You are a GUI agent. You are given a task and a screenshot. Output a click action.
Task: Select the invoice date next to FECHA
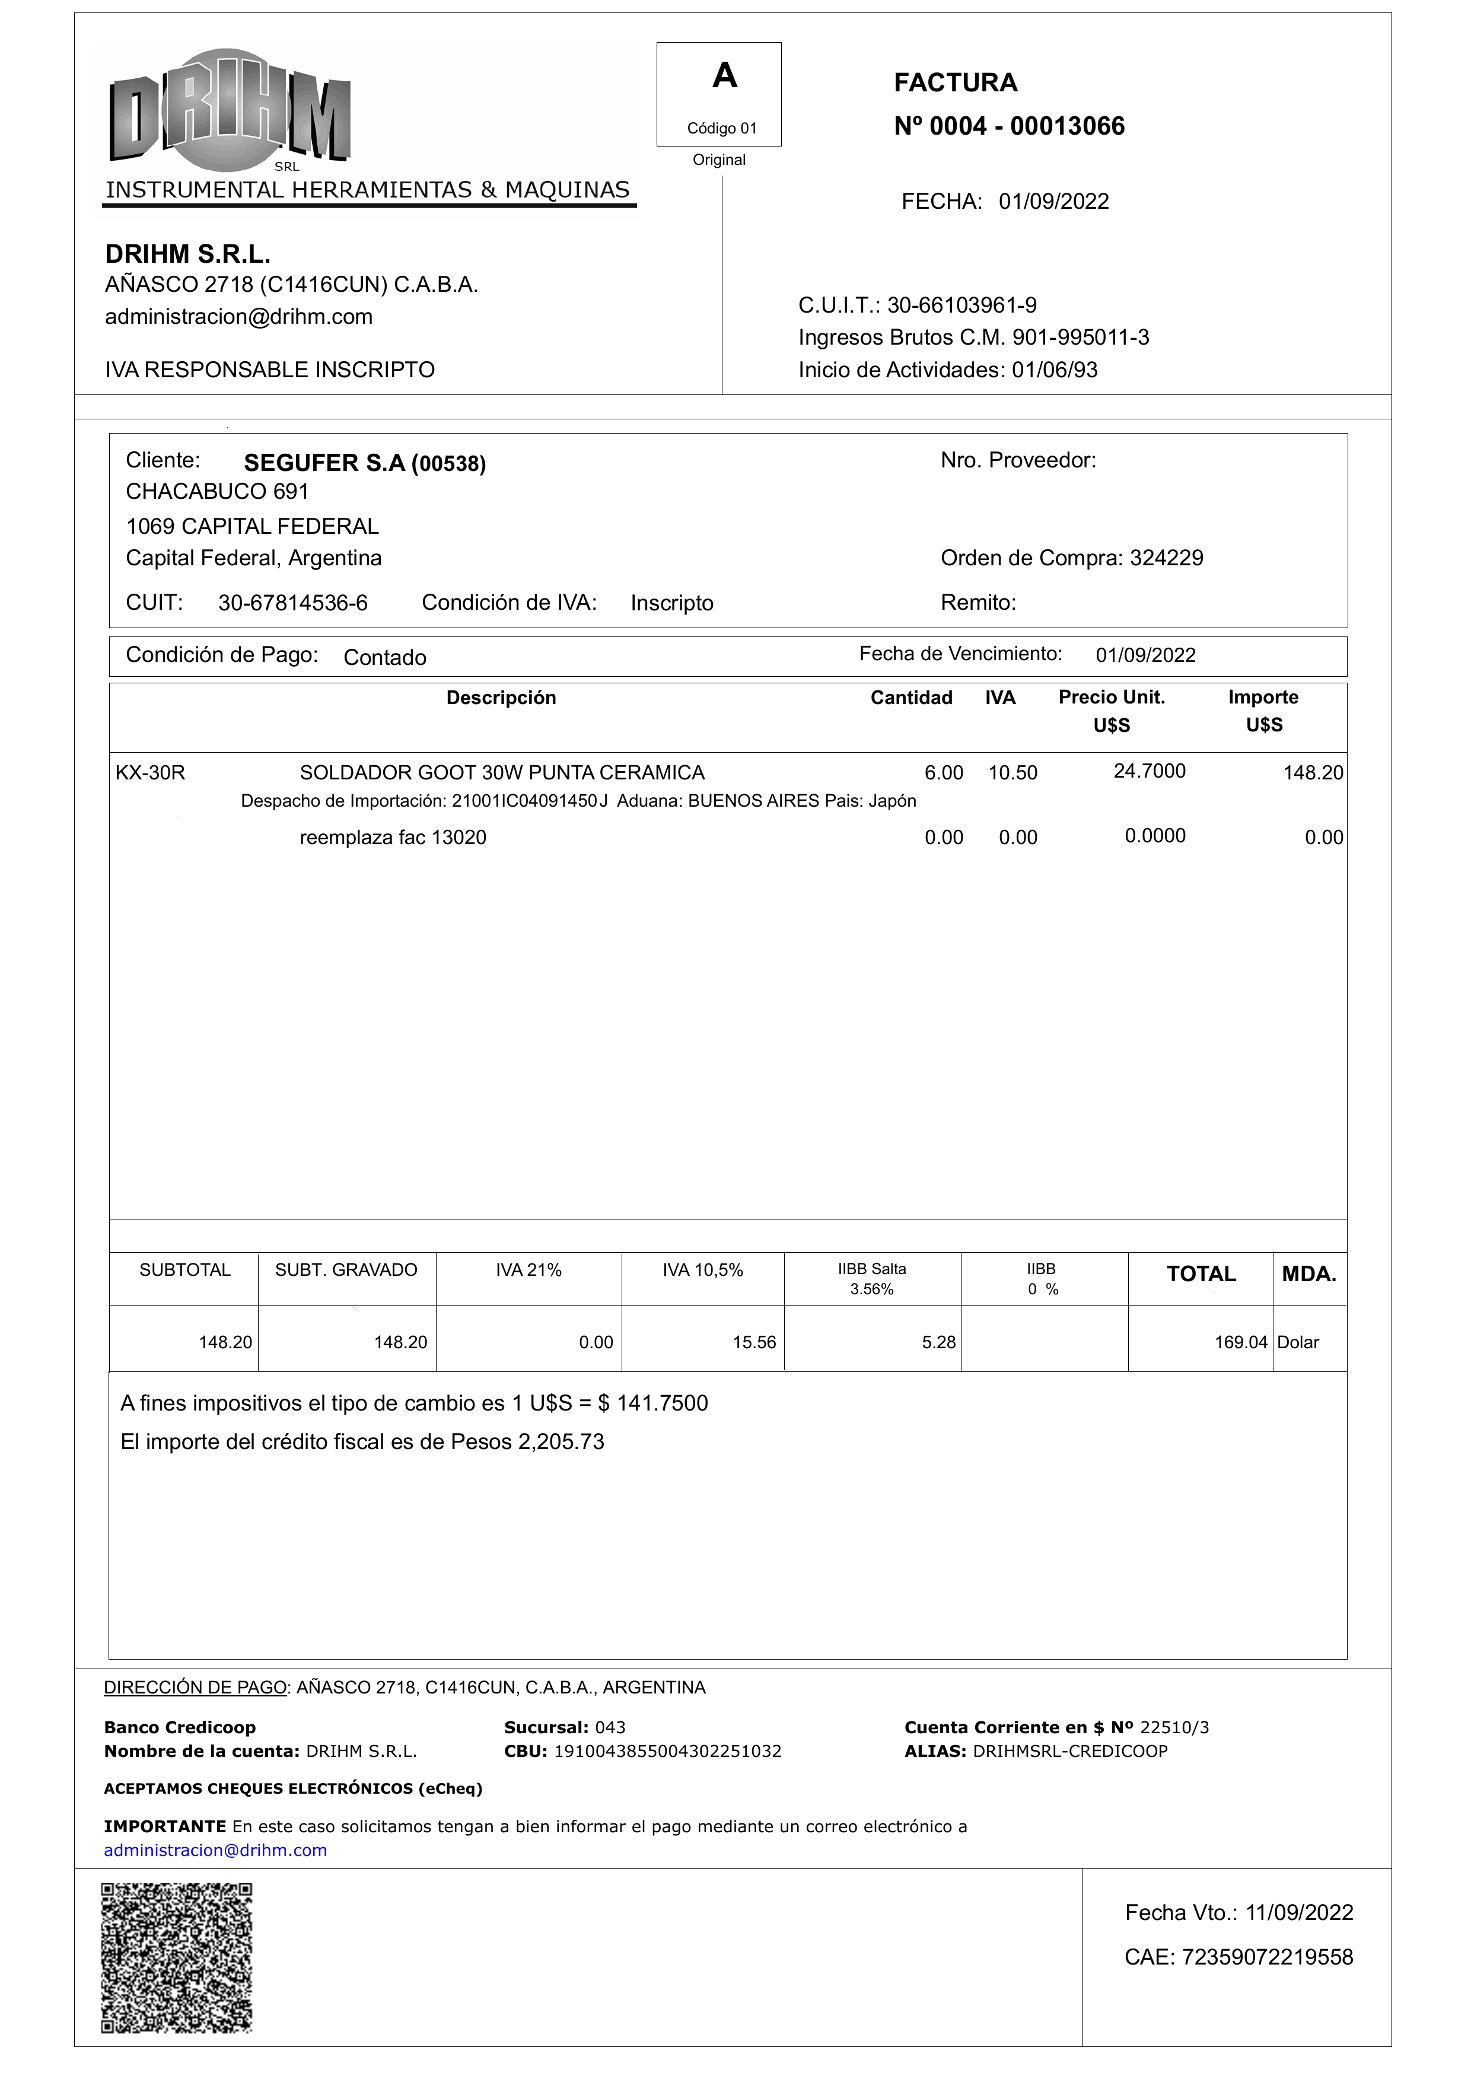pos(1053,201)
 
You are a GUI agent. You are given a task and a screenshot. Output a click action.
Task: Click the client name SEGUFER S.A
pos(324,463)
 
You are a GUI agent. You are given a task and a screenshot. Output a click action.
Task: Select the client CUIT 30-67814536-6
pos(292,603)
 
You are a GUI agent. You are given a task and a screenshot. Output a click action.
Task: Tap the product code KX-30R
pos(150,773)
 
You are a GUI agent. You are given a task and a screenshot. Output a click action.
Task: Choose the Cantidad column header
pos(910,698)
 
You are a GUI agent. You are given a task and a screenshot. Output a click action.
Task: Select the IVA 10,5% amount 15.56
pos(754,1342)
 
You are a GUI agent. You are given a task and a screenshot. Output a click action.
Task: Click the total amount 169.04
pos(1240,1342)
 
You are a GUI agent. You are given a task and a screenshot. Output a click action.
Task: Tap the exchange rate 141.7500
pos(661,1403)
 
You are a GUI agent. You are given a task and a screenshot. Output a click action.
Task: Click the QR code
pos(177,1957)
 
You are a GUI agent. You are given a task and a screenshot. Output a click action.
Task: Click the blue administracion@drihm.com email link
pos(215,1851)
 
